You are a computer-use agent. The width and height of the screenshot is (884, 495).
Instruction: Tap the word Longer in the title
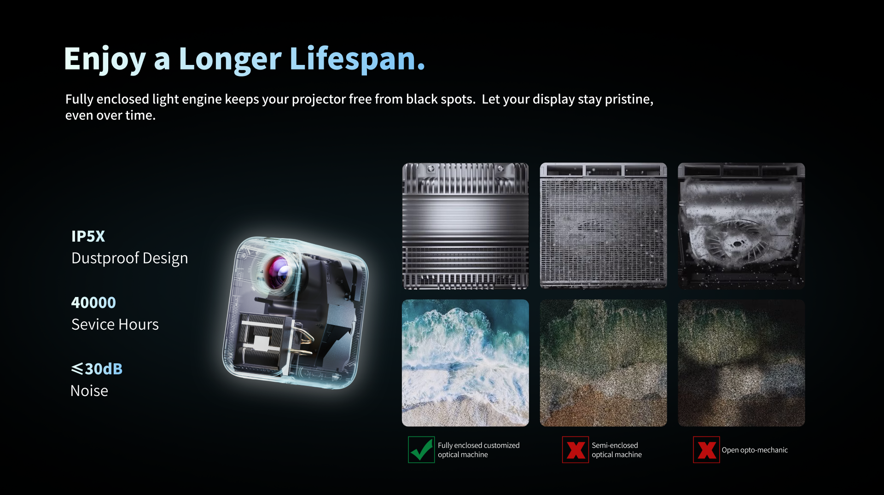click(x=229, y=59)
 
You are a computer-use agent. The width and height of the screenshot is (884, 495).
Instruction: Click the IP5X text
click(x=88, y=236)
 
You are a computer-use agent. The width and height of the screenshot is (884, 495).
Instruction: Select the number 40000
click(x=93, y=303)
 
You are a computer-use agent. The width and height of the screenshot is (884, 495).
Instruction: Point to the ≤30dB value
click(x=97, y=369)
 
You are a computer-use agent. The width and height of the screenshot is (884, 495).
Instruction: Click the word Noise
click(x=89, y=390)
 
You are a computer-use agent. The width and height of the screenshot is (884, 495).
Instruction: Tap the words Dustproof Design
click(x=129, y=258)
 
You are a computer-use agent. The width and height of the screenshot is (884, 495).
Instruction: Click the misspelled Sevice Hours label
click(x=115, y=324)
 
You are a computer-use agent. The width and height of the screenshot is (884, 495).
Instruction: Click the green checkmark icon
click(x=421, y=449)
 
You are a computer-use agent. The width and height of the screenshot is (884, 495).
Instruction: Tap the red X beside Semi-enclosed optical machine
click(x=576, y=449)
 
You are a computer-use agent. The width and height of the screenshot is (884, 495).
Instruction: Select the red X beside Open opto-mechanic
click(x=706, y=449)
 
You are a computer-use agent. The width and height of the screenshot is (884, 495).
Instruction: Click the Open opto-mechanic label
click(x=755, y=450)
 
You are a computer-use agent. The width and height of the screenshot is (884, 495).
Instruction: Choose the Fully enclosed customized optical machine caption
click(x=478, y=450)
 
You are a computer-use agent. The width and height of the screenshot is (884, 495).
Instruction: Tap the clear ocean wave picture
click(x=465, y=363)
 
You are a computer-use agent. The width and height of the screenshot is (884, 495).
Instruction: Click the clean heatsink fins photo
click(x=465, y=226)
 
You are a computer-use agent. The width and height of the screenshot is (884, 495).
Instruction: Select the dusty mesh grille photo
click(x=603, y=226)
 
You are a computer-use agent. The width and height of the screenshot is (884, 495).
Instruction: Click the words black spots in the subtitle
click(x=440, y=99)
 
